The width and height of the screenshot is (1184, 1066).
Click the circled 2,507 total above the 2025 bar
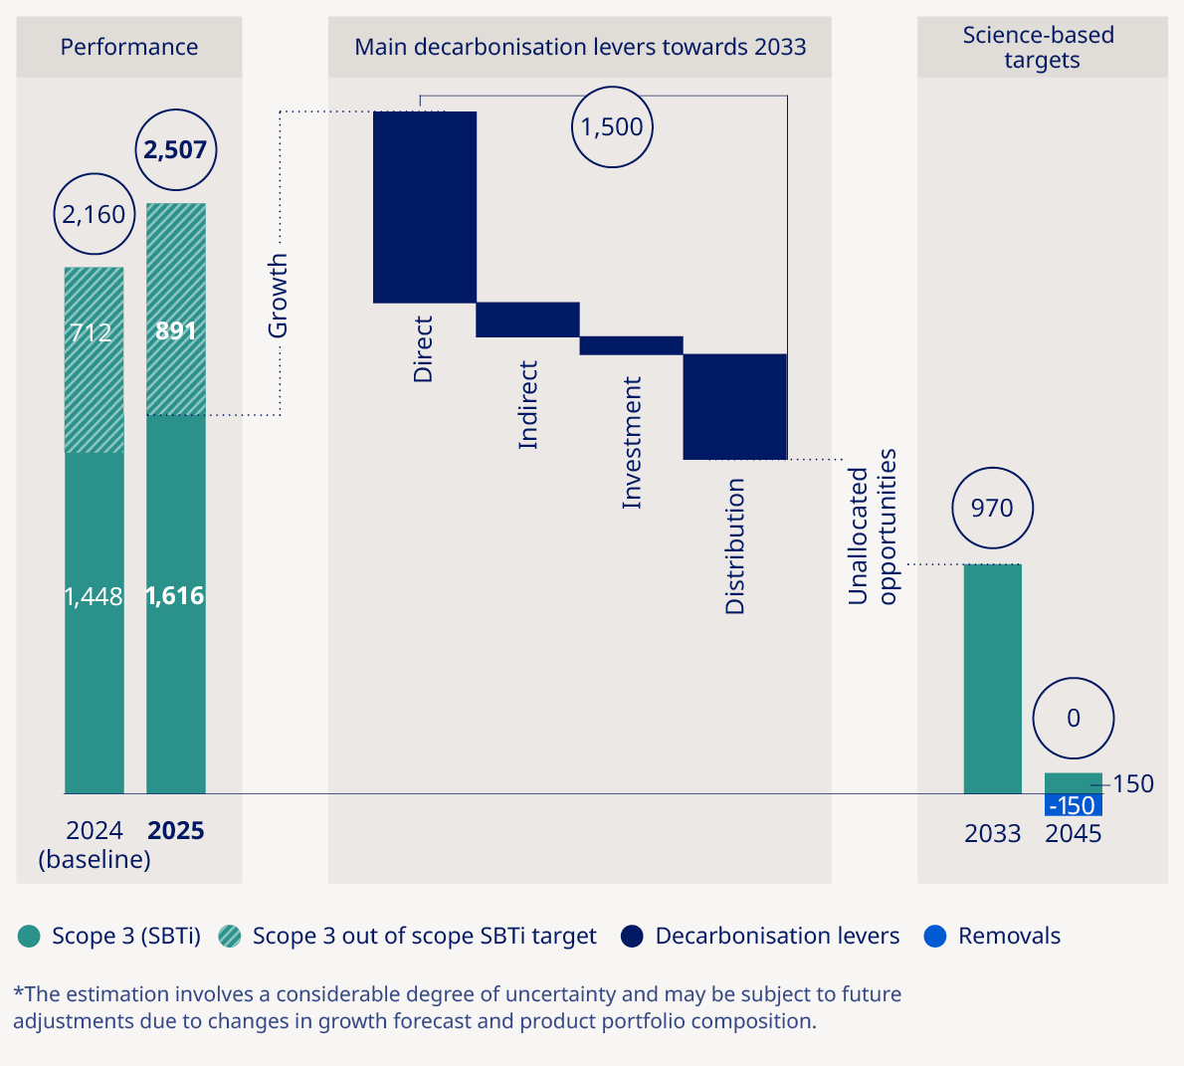(x=175, y=150)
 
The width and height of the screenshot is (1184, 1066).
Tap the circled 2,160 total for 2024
(x=95, y=215)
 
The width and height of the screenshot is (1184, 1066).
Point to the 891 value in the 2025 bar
(x=176, y=330)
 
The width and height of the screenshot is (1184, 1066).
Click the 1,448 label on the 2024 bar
(x=94, y=596)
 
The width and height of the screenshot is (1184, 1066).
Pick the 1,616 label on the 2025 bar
(x=175, y=595)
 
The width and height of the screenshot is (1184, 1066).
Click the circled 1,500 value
(x=612, y=127)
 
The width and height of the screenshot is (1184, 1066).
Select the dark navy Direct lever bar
(x=425, y=207)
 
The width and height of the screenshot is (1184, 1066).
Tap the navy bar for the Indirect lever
(x=527, y=320)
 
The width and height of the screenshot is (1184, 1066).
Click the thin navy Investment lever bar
(x=631, y=345)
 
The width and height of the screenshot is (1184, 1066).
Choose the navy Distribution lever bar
(x=734, y=406)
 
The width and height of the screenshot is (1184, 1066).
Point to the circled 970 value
(x=992, y=509)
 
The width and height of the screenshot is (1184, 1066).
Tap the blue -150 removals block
(x=1073, y=805)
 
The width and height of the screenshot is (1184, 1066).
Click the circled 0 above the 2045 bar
(x=1073, y=719)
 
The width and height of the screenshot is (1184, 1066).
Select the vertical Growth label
(x=278, y=296)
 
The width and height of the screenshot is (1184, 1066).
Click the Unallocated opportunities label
(x=873, y=528)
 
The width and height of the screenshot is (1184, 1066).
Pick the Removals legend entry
(x=992, y=937)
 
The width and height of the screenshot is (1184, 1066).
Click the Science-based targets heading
(x=1041, y=47)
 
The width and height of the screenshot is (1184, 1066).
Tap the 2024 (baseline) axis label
(x=95, y=845)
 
